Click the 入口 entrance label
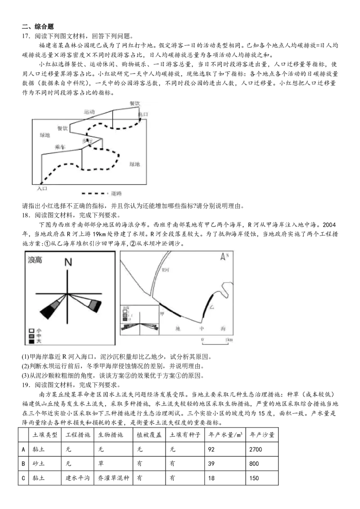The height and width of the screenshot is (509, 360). [42, 189]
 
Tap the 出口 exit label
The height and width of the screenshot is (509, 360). [143, 115]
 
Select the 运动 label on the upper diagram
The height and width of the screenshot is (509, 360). [89, 112]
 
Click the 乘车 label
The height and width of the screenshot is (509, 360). [60, 147]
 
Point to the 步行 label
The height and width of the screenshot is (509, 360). [87, 141]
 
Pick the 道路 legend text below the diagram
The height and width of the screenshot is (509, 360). [117, 194]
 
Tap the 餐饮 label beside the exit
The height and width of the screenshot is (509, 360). [135, 103]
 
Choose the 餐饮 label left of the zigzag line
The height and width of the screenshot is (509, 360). [63, 128]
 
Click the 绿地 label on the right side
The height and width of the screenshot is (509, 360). [135, 165]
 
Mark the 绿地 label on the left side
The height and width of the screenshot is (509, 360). [45, 135]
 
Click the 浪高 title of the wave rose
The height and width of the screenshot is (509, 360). [35, 260]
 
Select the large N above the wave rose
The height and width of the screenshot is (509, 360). [68, 263]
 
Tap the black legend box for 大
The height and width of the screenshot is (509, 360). [31, 342]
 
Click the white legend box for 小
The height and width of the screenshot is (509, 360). [31, 330]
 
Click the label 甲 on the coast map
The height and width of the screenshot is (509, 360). [162, 314]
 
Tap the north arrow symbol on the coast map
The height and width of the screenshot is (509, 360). [223, 257]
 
